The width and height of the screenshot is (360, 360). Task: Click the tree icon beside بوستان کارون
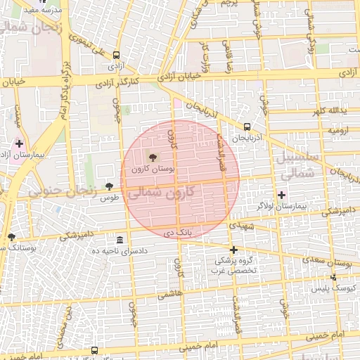tap(154, 156)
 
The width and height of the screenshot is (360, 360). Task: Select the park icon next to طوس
tap(109, 186)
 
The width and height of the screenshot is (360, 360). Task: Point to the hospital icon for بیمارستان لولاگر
tap(282, 194)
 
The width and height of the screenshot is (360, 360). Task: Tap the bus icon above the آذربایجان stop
tap(247, 127)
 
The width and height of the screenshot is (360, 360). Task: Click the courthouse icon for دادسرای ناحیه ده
tap(120, 240)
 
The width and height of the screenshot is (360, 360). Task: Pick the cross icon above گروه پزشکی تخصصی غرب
tap(233, 250)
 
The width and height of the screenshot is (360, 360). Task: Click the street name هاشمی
tap(169, 297)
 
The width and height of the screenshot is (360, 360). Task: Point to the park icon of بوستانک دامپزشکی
tap(11, 237)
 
